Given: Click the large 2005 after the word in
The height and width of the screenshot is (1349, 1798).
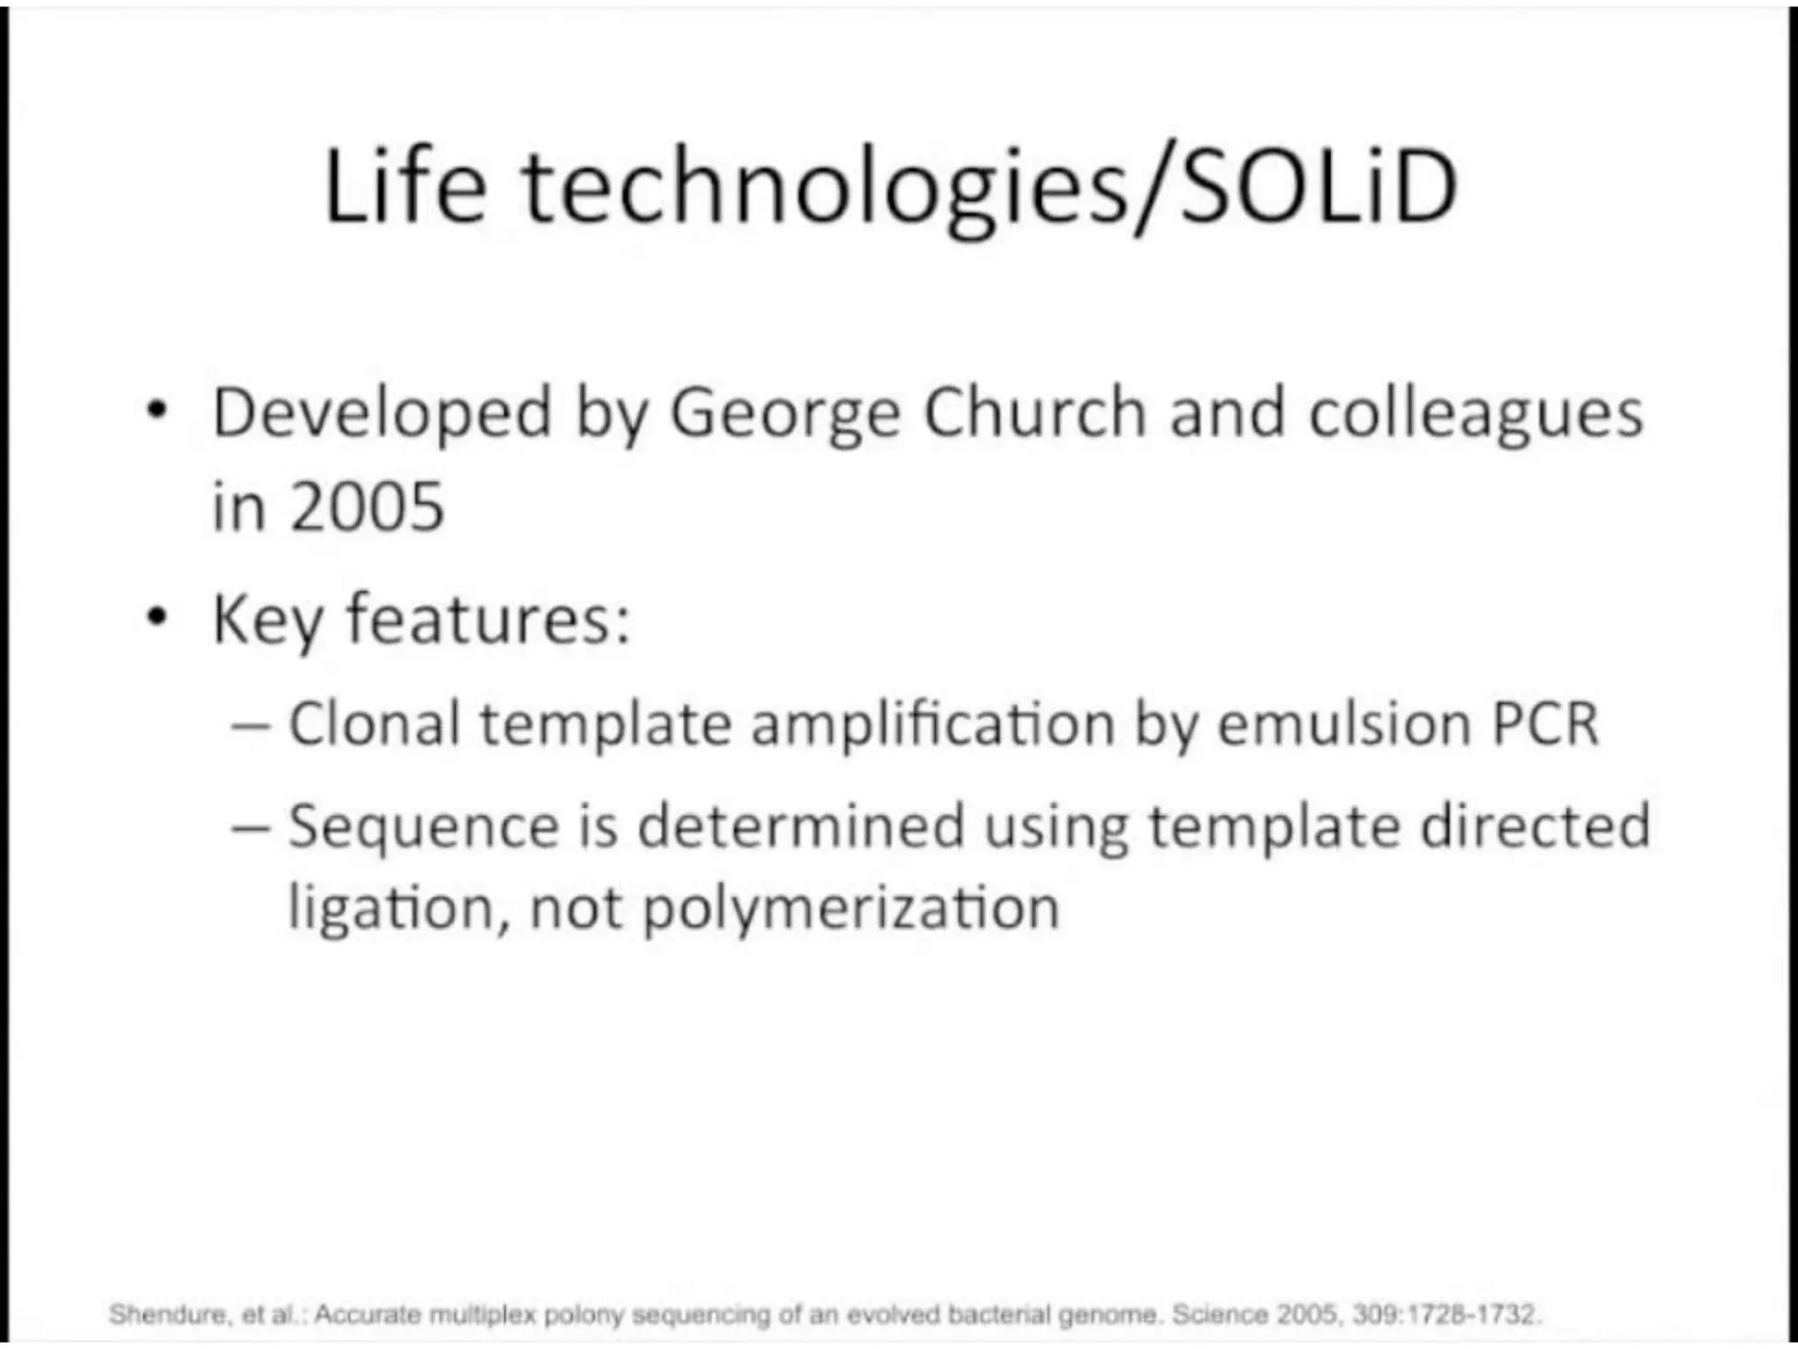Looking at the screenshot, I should point(368,508).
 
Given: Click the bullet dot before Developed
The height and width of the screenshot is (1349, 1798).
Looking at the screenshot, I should point(156,410).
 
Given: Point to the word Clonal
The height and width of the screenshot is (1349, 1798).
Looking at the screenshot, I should point(375,725).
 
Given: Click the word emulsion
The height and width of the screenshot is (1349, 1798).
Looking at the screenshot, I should point(1343,725).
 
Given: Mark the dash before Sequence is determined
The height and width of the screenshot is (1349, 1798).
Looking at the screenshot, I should point(249,828).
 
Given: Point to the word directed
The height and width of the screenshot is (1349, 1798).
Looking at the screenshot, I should point(1535,826).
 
